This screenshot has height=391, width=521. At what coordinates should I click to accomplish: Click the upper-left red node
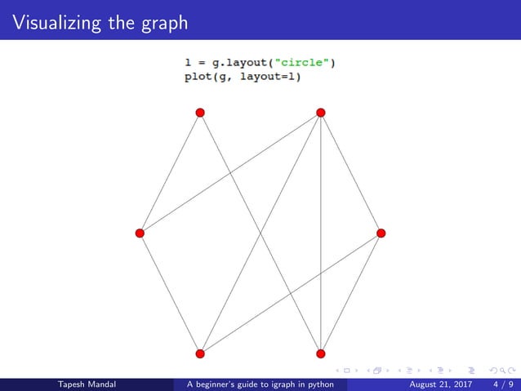tap(199, 113)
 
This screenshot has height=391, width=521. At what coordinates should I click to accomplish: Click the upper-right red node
tap(321, 112)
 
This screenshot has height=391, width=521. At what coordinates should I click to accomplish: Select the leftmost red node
tap(140, 233)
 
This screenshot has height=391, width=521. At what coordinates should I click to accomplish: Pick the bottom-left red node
tap(199, 353)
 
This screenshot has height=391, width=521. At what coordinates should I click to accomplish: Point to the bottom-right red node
tap(321, 353)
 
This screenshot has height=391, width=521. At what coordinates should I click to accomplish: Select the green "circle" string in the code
tap(304, 63)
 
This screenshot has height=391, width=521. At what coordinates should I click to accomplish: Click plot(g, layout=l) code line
tap(243, 77)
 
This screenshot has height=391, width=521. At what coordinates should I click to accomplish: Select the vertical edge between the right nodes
tap(321, 245)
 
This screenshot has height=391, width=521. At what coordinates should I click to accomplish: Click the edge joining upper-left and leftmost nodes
tap(170, 172)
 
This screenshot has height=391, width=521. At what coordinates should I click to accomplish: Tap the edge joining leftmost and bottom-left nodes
tap(169, 293)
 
